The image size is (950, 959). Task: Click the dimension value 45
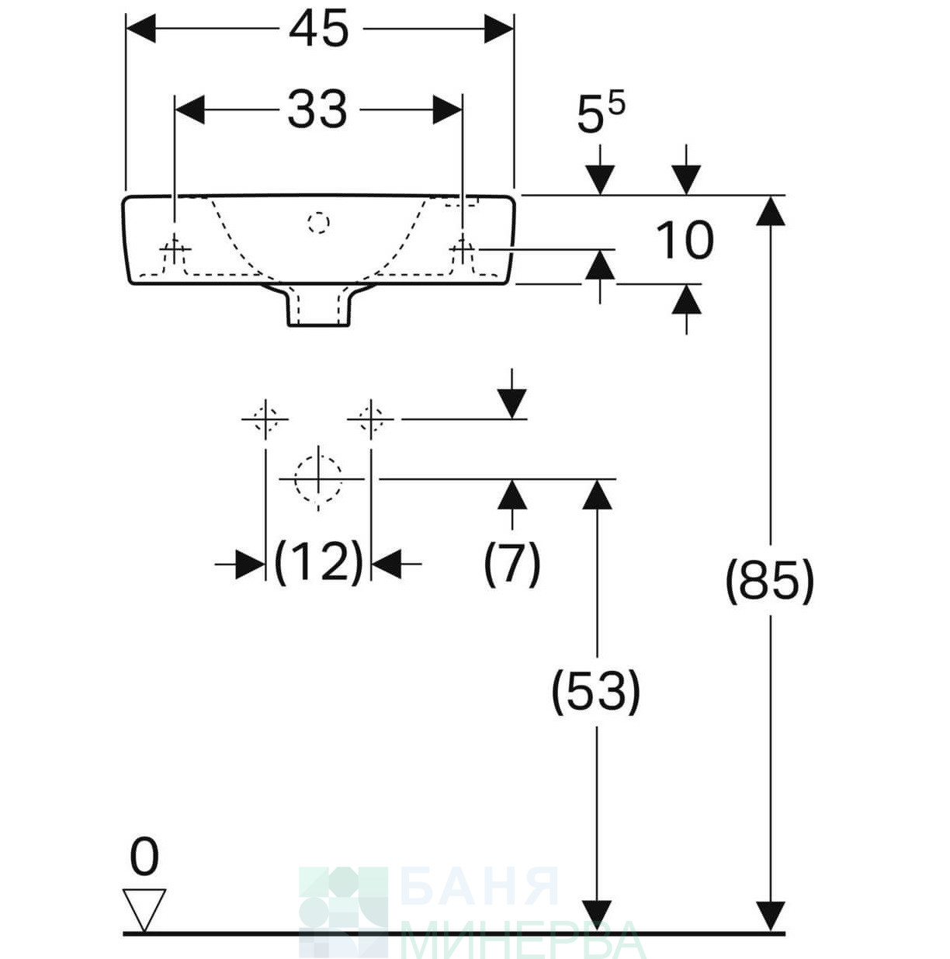[318, 30]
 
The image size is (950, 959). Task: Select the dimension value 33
[317, 109]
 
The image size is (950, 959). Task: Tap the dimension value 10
[685, 241]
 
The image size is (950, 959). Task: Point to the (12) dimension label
[318, 563]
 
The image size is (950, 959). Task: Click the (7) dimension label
[511, 564]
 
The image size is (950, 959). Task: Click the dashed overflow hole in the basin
[318, 222]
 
